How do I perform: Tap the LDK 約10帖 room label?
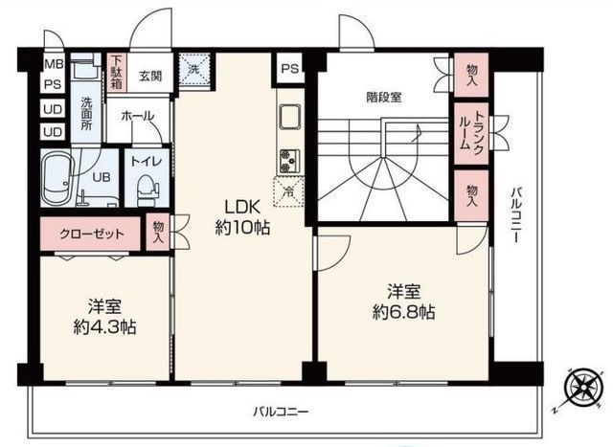(x=241, y=217)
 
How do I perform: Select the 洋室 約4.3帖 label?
(x=104, y=317)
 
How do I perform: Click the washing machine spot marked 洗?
(x=194, y=70)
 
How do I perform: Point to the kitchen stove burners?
(x=287, y=159)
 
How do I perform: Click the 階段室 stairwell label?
(x=384, y=96)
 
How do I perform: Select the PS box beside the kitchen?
(x=289, y=68)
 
